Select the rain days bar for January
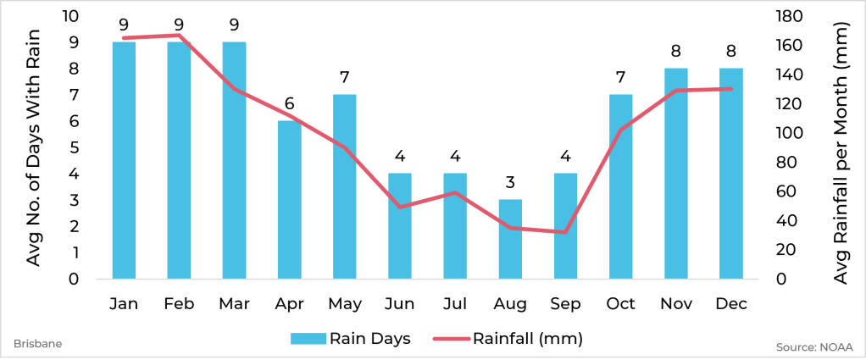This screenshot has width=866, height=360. pyautogui.click(x=124, y=161)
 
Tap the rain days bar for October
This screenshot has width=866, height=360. pyautogui.click(x=620, y=187)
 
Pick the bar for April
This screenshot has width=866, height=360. pyautogui.click(x=289, y=200)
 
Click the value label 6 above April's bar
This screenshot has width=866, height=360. pyautogui.click(x=289, y=104)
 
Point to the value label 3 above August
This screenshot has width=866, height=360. pyautogui.click(x=510, y=183)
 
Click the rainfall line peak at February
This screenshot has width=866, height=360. pyautogui.click(x=179, y=36)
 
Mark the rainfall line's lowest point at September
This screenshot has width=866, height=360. pyautogui.click(x=565, y=231)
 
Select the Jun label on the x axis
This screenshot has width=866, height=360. pyautogui.click(x=399, y=303)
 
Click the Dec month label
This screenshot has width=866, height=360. pyautogui.click(x=730, y=303)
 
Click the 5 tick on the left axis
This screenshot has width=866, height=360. pyautogui.click(x=74, y=147)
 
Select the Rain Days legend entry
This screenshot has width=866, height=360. pyautogui.click(x=351, y=339)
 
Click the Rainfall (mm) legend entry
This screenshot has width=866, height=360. pyautogui.click(x=508, y=339)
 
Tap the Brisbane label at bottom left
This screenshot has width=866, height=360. pyautogui.click(x=37, y=345)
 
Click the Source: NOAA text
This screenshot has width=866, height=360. pyautogui.click(x=813, y=346)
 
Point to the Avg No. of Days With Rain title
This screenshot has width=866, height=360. pyautogui.click(x=34, y=147)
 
